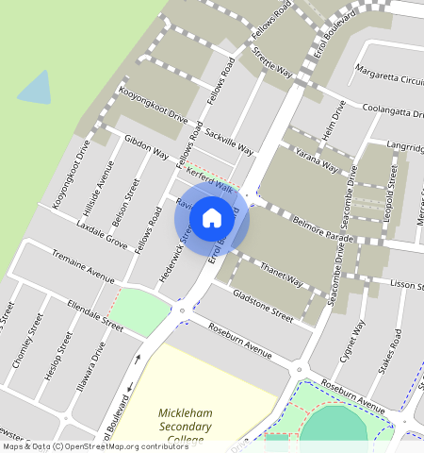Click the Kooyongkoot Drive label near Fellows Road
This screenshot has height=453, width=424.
[154, 109]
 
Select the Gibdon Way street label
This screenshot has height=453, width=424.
[146, 147]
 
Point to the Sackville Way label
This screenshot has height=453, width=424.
[230, 143]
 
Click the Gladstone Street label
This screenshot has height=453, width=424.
[263, 306]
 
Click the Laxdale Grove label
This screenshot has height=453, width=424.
[102, 235]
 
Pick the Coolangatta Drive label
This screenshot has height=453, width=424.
[385, 112]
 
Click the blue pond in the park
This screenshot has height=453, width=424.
[36, 88]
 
